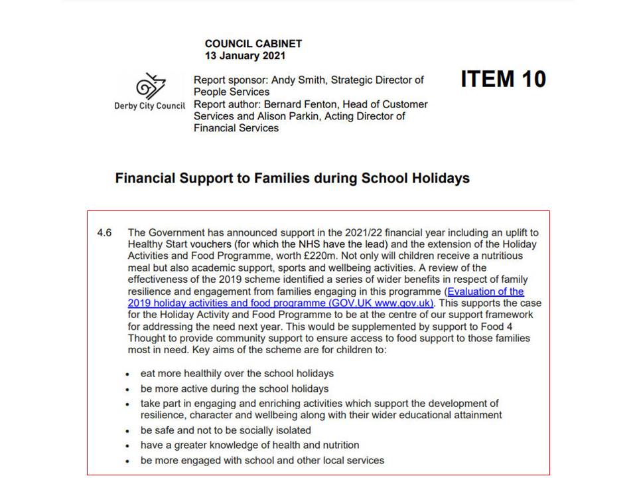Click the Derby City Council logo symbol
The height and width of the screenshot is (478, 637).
click(x=151, y=86)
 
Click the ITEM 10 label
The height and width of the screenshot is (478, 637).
click(x=503, y=79)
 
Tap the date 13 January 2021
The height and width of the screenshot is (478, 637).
click(x=246, y=56)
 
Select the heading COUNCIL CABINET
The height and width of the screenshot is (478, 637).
click(x=253, y=44)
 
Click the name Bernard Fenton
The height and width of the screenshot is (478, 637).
click(x=297, y=104)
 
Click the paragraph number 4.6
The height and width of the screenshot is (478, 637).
click(x=104, y=232)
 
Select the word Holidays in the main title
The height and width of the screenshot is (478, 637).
click(x=439, y=179)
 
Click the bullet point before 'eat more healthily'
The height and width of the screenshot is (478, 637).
click(x=128, y=374)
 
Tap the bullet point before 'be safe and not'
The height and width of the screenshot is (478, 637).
click(x=128, y=431)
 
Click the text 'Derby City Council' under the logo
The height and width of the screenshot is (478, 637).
click(x=150, y=106)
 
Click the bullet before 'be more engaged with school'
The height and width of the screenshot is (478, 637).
click(x=128, y=461)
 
